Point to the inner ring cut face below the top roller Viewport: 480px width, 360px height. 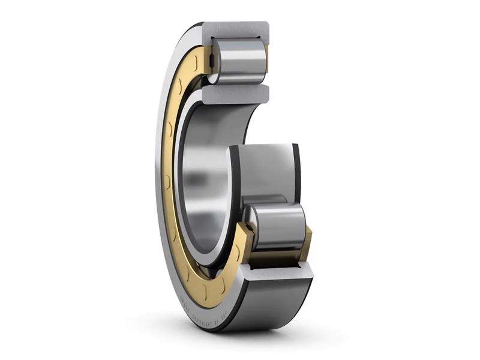click(x=237, y=92)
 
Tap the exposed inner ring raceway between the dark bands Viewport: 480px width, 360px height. click(x=264, y=168)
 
